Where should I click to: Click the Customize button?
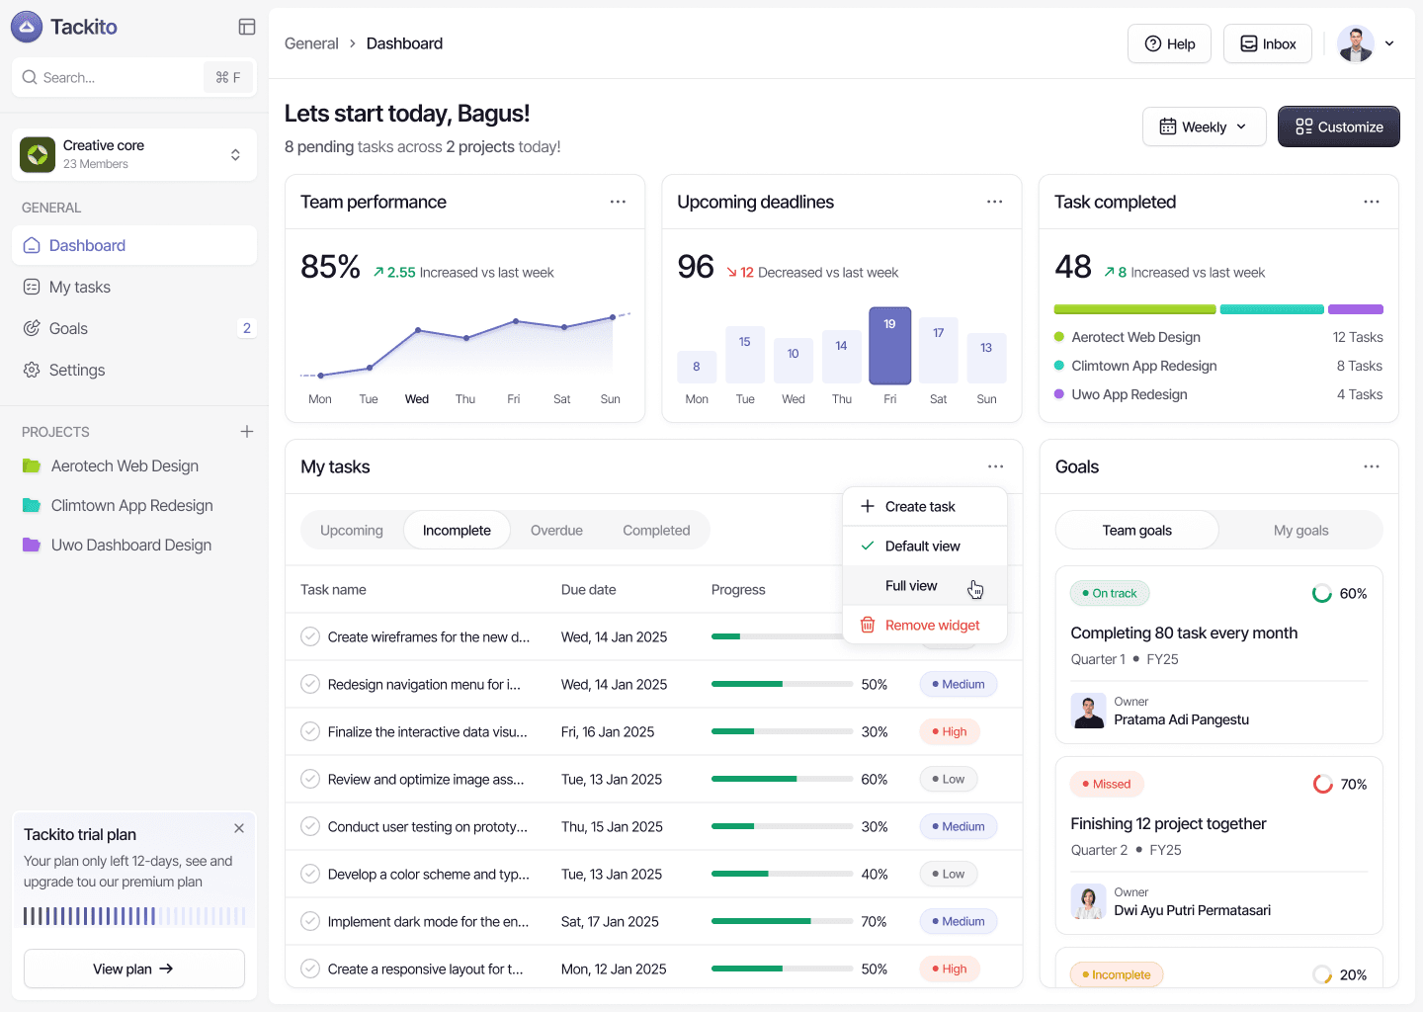click(1338, 126)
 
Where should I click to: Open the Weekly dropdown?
click(1204, 126)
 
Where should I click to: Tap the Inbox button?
click(1268, 43)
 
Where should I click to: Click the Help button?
click(1169, 43)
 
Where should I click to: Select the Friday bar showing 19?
click(889, 345)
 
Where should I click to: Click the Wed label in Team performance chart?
click(417, 399)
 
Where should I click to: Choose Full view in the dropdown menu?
click(911, 586)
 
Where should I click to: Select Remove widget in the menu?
click(932, 626)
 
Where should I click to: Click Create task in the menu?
click(920, 507)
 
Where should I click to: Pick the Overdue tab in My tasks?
click(556, 531)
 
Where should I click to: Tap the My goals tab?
click(1300, 531)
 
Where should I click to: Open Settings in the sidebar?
click(77, 370)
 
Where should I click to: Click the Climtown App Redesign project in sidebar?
click(131, 506)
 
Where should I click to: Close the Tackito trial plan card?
click(239, 828)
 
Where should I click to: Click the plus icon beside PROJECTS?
click(247, 432)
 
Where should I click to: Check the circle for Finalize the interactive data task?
click(310, 732)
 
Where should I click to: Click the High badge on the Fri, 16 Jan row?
click(950, 732)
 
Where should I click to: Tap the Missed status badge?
click(1107, 785)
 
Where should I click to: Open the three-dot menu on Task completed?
click(1372, 202)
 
